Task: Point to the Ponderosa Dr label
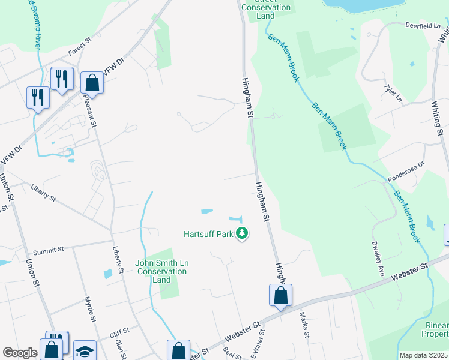click(405, 172)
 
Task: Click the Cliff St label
click(119, 331)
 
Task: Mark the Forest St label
click(79, 47)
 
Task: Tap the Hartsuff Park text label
click(208, 234)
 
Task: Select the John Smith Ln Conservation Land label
click(161, 271)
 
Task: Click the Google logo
click(20, 353)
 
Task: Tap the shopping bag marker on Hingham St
click(280, 295)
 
